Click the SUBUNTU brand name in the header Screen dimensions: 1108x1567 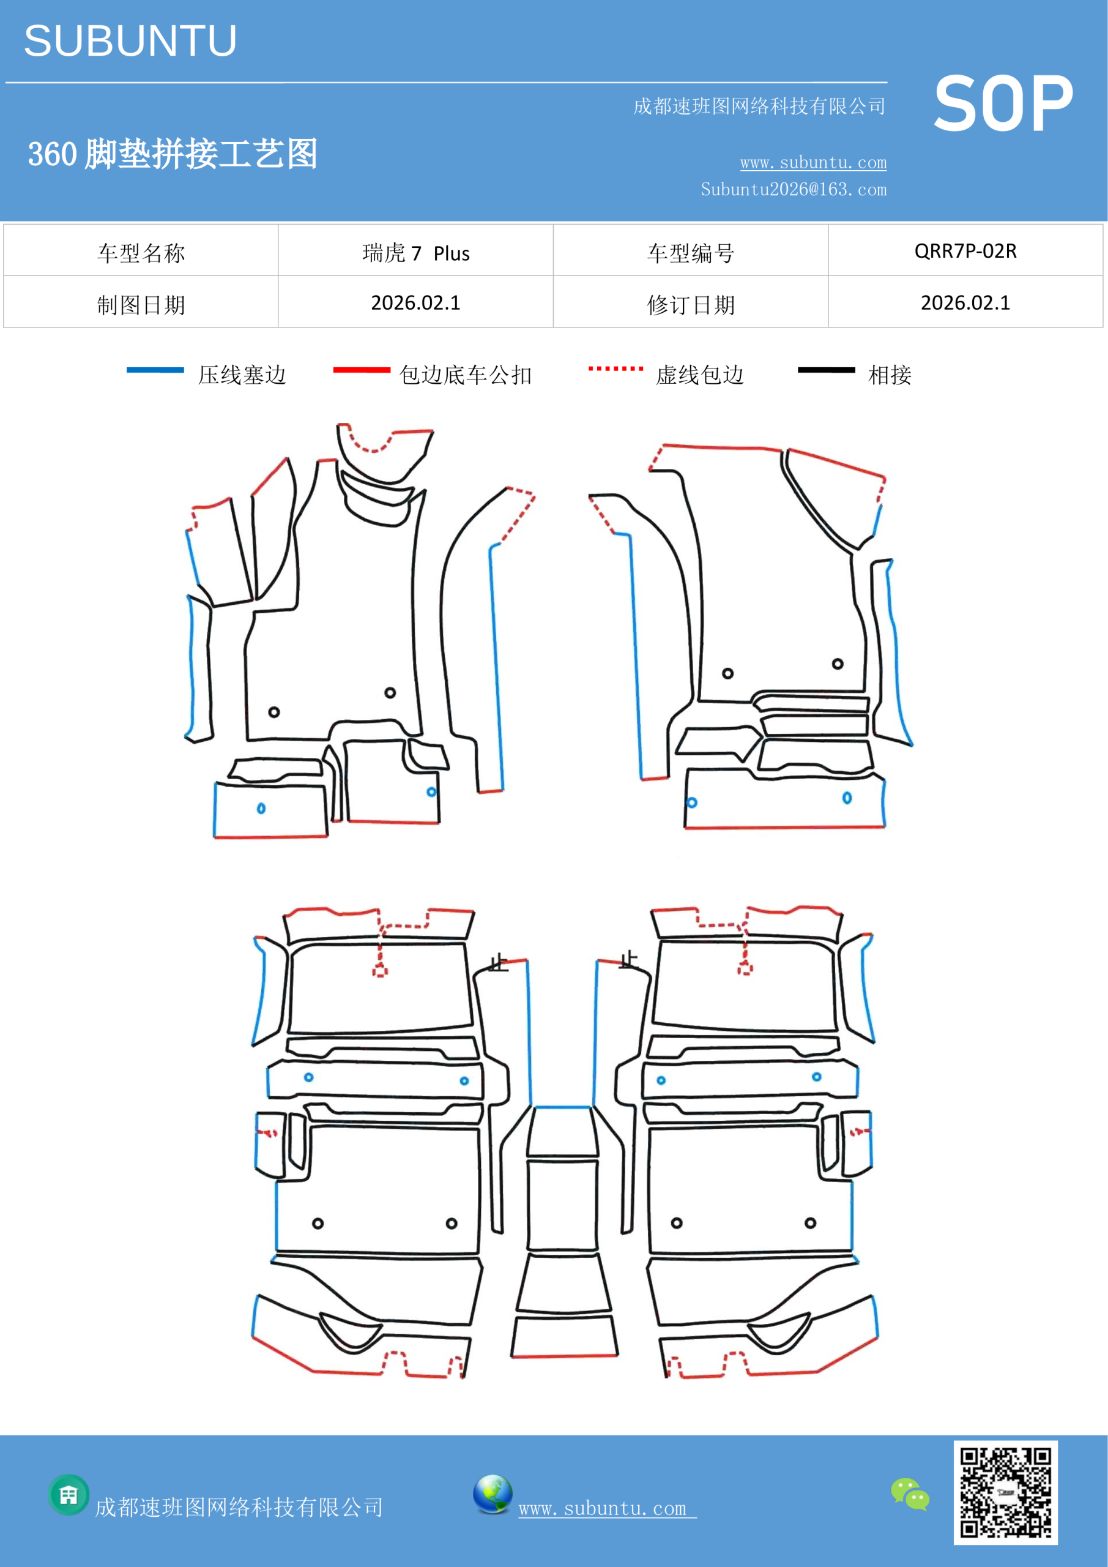130,41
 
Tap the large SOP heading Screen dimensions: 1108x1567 1003,105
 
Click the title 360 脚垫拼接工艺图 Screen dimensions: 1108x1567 173,154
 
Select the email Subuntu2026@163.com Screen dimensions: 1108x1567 794,189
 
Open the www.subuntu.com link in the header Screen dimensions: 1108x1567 813,162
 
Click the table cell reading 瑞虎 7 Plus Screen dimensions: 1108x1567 415,253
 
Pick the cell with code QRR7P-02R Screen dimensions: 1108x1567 965,251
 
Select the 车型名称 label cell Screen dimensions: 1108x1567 141,253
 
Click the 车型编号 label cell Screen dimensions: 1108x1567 691,253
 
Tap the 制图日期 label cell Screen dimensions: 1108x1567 141,304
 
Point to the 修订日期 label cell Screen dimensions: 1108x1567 691,304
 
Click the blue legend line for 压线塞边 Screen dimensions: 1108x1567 155,370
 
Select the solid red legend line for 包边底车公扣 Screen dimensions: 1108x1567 362,370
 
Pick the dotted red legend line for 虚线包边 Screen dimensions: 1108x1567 615,368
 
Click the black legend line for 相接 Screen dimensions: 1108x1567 826,370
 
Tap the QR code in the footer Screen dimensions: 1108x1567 1006,1492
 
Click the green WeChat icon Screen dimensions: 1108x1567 910,1494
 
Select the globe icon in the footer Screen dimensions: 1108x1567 493,1494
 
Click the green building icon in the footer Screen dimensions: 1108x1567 69,1495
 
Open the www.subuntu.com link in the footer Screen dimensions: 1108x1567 607,1508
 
